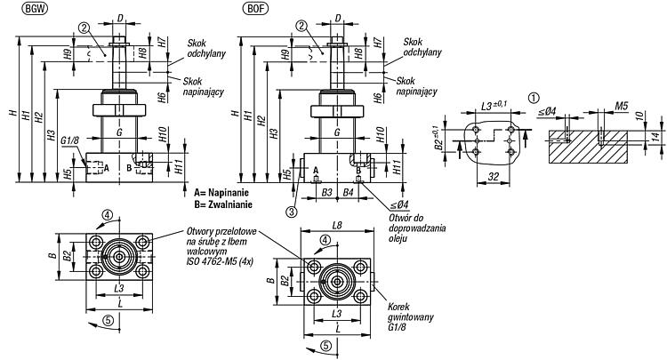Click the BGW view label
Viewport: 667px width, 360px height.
click(x=36, y=9)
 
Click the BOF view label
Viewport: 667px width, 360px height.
click(x=255, y=9)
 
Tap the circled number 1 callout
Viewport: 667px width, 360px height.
click(x=534, y=98)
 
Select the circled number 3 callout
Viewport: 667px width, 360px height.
click(x=292, y=212)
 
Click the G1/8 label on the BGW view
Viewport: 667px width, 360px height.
click(x=70, y=140)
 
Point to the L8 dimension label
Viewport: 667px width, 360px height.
click(x=336, y=225)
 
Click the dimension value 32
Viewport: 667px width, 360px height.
click(x=494, y=176)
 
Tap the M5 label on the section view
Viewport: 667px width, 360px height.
click(x=621, y=106)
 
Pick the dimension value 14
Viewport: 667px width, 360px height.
click(x=655, y=136)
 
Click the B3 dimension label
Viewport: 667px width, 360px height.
click(x=326, y=193)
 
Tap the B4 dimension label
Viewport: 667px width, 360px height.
click(x=348, y=193)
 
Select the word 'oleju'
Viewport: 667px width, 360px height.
click(x=398, y=238)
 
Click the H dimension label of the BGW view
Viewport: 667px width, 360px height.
click(x=13, y=113)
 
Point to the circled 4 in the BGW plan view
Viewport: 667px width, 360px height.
click(x=108, y=215)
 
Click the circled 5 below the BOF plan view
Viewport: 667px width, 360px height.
click(x=326, y=346)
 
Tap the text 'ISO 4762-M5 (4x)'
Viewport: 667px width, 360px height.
click(x=220, y=262)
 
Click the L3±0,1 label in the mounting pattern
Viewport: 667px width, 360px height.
click(x=494, y=106)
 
